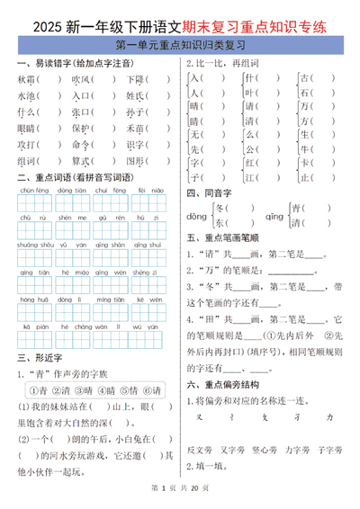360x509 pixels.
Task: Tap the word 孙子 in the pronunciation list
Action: pyautogui.click(x=135, y=112)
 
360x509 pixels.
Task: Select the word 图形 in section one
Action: pyautogui.click(x=135, y=161)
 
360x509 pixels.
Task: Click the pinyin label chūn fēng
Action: pyautogui.click(x=35, y=191)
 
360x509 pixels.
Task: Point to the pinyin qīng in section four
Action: pyautogui.click(x=274, y=217)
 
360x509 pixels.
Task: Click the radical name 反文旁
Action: pyautogui.click(x=200, y=449)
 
